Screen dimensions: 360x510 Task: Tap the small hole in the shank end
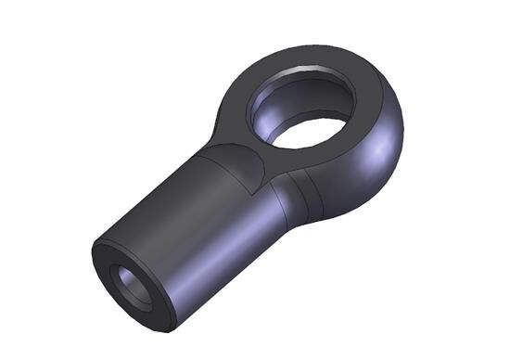pyautogui.click(x=130, y=286)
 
